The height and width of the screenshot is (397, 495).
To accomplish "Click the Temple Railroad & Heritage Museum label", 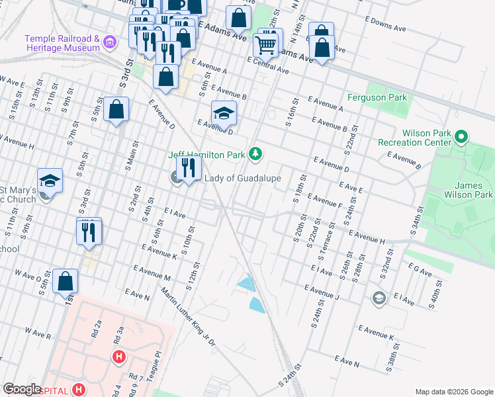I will (62, 43).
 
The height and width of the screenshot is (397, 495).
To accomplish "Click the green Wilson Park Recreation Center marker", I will (462, 138).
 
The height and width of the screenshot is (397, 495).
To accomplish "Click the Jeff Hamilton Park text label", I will (206, 155).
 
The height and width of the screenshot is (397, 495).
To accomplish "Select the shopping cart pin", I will (265, 44).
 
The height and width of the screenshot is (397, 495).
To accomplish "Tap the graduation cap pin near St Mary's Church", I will (49, 181).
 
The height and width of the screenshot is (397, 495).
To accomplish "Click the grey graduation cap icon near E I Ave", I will (379, 297).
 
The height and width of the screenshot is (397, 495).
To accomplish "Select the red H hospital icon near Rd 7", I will (119, 358).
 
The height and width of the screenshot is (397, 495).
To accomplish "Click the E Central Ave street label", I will (268, 65).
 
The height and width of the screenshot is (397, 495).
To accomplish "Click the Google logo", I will (22, 388).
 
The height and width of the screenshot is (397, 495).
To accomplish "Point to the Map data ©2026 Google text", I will (453, 391).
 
